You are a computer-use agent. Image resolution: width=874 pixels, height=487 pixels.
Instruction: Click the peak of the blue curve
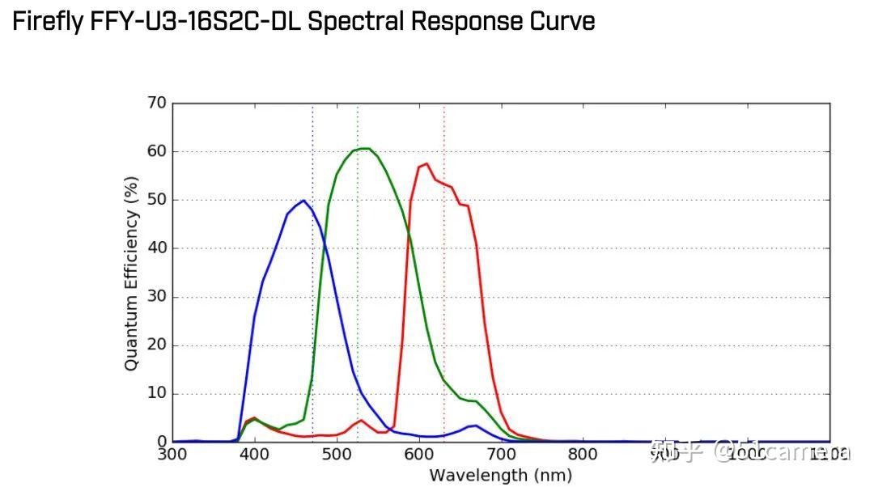coord(303,201)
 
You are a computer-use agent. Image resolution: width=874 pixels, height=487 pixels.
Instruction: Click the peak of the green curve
coord(365,148)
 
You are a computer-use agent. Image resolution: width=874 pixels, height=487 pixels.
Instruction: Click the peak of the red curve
coord(426,163)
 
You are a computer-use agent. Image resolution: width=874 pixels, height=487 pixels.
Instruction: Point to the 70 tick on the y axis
coord(156,103)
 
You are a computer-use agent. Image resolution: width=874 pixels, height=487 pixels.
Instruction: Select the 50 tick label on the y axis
coord(156,200)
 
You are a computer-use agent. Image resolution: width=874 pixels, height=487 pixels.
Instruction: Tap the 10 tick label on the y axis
coord(156,394)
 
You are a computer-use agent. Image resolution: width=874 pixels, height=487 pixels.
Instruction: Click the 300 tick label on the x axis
coord(172,455)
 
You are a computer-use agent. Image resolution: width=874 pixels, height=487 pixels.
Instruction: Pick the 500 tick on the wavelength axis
coord(337,455)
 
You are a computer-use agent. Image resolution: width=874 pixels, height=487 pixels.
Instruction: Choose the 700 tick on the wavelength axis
coord(501,455)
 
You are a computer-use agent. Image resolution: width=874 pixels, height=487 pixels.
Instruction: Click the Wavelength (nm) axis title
coord(500,475)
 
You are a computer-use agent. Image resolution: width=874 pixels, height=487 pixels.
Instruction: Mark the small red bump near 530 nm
coord(361,420)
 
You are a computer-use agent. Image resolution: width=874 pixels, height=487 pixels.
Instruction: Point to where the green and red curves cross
coord(408,235)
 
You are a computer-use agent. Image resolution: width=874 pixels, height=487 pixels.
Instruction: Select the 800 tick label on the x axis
coord(583,455)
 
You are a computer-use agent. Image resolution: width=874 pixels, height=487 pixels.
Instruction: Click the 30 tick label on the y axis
coord(156,297)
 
